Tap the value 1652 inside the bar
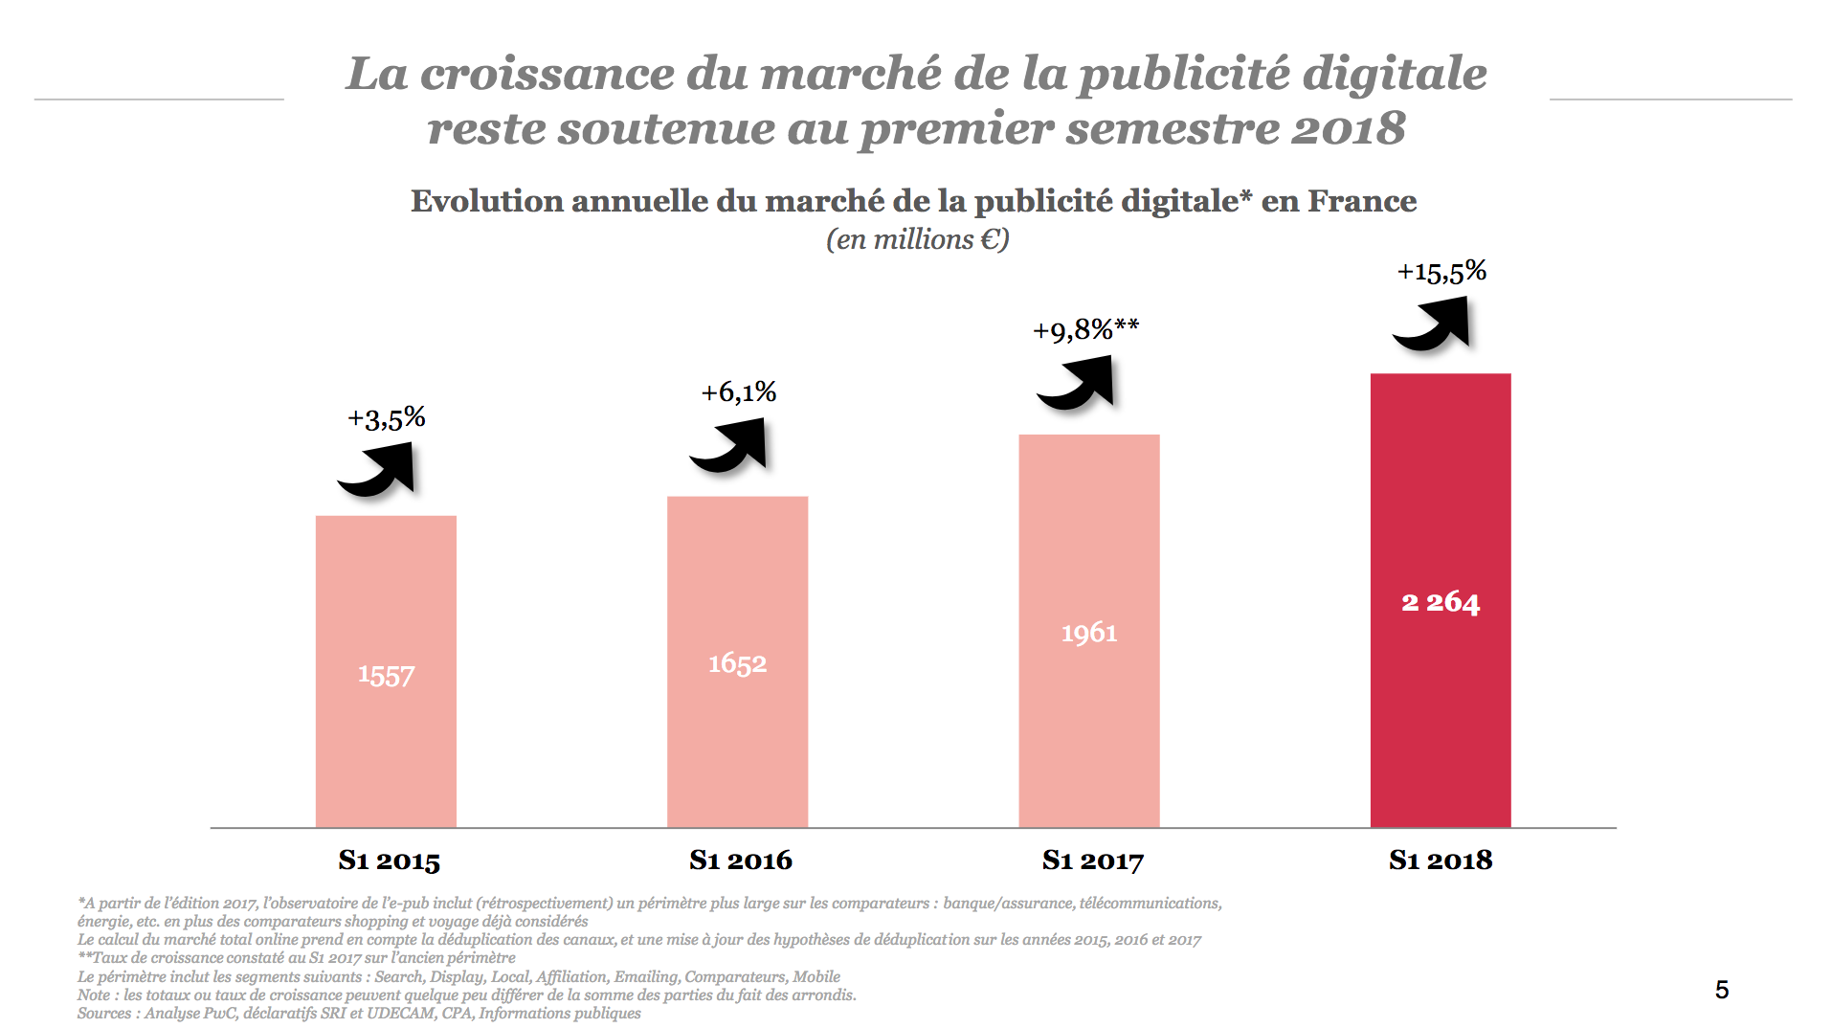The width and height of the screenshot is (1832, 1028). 737,663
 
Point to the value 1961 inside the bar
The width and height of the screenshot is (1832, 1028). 1089,633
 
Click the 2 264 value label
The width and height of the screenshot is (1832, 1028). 1441,602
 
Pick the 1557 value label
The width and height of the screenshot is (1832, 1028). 386,675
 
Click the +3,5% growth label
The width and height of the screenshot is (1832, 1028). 386,418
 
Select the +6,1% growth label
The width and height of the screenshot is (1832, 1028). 738,392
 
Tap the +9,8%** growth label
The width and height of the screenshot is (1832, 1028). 1085,330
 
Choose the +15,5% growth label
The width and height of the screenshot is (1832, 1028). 1441,272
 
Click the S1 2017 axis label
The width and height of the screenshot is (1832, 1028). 1092,860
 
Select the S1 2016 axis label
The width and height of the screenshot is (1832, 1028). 741,860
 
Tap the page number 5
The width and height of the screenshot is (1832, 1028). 1721,990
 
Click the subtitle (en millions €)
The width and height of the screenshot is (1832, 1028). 917,239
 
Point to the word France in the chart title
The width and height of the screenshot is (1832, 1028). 1362,201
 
